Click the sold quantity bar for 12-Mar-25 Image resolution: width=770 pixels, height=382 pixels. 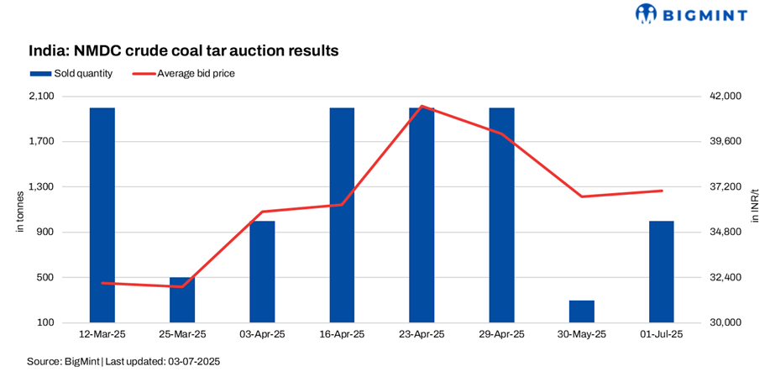(x=102, y=215)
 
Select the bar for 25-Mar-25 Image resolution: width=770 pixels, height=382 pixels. (x=181, y=300)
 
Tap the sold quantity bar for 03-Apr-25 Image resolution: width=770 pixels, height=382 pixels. (x=262, y=271)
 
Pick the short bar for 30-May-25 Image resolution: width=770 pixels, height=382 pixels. (x=581, y=311)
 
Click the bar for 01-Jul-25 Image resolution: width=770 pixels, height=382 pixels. (x=661, y=271)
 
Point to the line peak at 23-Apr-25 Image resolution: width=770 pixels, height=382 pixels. (x=422, y=107)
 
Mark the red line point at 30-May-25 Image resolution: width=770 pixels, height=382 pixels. (x=582, y=196)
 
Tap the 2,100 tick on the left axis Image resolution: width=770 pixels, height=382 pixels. (x=42, y=97)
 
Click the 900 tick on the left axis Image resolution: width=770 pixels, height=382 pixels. (x=46, y=232)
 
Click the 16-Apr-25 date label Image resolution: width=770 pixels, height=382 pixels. (x=342, y=334)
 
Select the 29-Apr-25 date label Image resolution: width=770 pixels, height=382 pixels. (x=501, y=334)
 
